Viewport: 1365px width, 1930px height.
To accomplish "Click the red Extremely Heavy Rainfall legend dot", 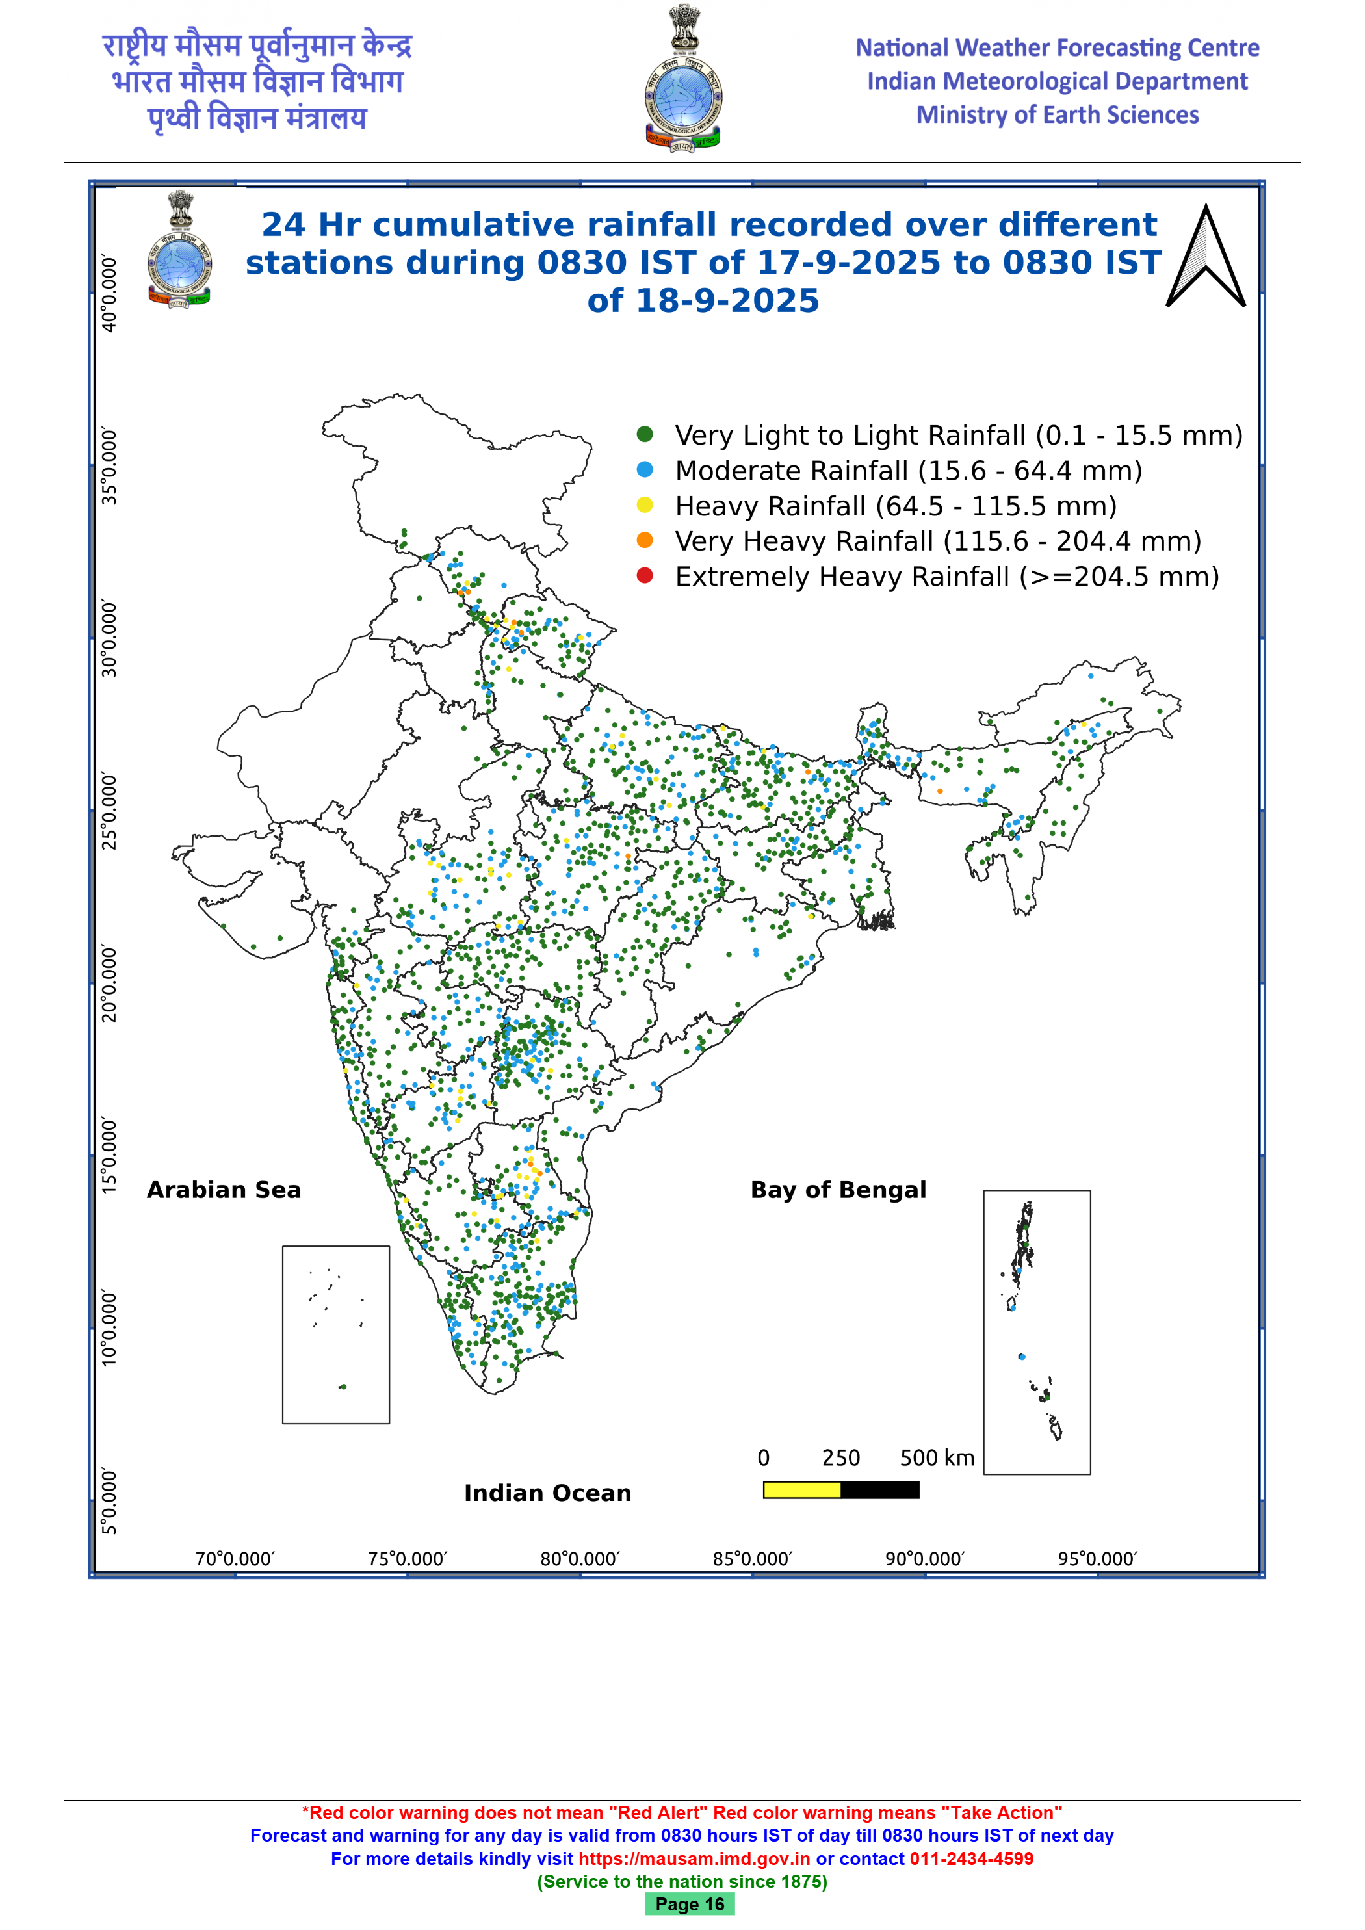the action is tap(645, 576).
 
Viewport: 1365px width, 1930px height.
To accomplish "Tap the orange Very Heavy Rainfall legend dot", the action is tap(645, 540).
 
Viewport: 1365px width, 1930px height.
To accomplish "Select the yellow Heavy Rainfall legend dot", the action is tap(645, 504).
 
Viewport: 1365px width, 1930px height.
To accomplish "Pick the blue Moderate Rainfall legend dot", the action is tap(645, 469).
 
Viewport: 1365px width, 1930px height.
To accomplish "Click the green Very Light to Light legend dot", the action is tap(645, 434).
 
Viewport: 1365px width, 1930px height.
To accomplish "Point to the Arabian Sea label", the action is tap(224, 1190).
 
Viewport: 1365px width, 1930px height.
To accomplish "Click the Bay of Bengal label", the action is tap(838, 1190).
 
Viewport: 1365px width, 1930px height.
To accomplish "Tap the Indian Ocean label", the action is tap(547, 1493).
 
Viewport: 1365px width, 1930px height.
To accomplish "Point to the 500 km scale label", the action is tap(937, 1457).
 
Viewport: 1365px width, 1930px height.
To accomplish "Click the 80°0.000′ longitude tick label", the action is tap(580, 1558).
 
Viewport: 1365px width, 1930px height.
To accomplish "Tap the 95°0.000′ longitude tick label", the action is tap(1097, 1558).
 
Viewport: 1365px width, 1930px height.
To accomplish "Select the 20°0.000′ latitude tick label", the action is tap(109, 984).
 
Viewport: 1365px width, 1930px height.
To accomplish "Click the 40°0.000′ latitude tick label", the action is tap(109, 293).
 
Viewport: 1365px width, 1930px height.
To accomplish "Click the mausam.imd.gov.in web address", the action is tap(694, 1858).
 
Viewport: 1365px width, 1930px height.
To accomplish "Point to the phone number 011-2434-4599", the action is tap(972, 1858).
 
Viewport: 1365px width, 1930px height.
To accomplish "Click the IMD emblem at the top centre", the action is tap(683, 78).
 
